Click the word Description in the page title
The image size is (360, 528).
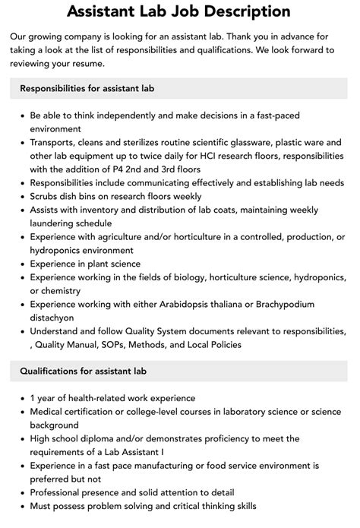tap(242, 11)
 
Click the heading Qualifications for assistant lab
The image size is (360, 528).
tap(84, 371)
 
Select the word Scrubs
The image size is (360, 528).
tap(48, 197)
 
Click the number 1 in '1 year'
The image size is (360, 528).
tap(33, 398)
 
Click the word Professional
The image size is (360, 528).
tap(61, 493)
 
